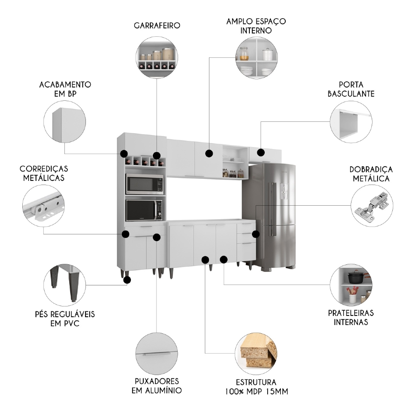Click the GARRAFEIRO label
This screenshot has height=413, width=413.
click(157, 26)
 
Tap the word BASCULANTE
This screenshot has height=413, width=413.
click(351, 94)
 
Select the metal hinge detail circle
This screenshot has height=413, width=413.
click(372, 205)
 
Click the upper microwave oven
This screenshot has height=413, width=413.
click(144, 184)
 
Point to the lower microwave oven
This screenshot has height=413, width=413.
click(144, 210)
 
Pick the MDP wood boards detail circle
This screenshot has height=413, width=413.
click(256, 352)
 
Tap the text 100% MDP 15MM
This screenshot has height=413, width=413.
click(256, 390)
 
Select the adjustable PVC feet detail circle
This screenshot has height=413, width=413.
click(64, 285)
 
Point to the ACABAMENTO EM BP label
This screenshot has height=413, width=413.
click(65, 89)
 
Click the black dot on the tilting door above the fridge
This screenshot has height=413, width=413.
click(261, 152)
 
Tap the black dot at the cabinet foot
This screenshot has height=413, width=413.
click(127, 280)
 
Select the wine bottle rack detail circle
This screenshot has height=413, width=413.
click(157, 57)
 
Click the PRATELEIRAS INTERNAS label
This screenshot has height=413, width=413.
click(351, 318)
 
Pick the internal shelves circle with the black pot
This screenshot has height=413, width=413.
click(351, 285)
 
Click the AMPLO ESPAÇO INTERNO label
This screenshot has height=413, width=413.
click(256, 26)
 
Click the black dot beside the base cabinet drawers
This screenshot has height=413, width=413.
click(256, 234)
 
